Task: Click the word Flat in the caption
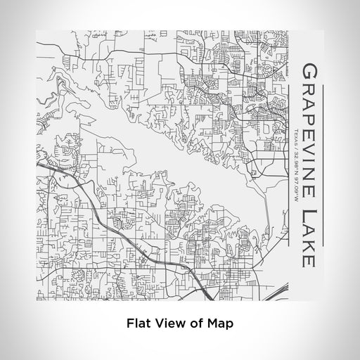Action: pyautogui.click(x=139, y=324)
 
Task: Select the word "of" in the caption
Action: pyautogui.click(x=192, y=324)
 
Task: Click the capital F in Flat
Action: pyautogui.click(x=131, y=324)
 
